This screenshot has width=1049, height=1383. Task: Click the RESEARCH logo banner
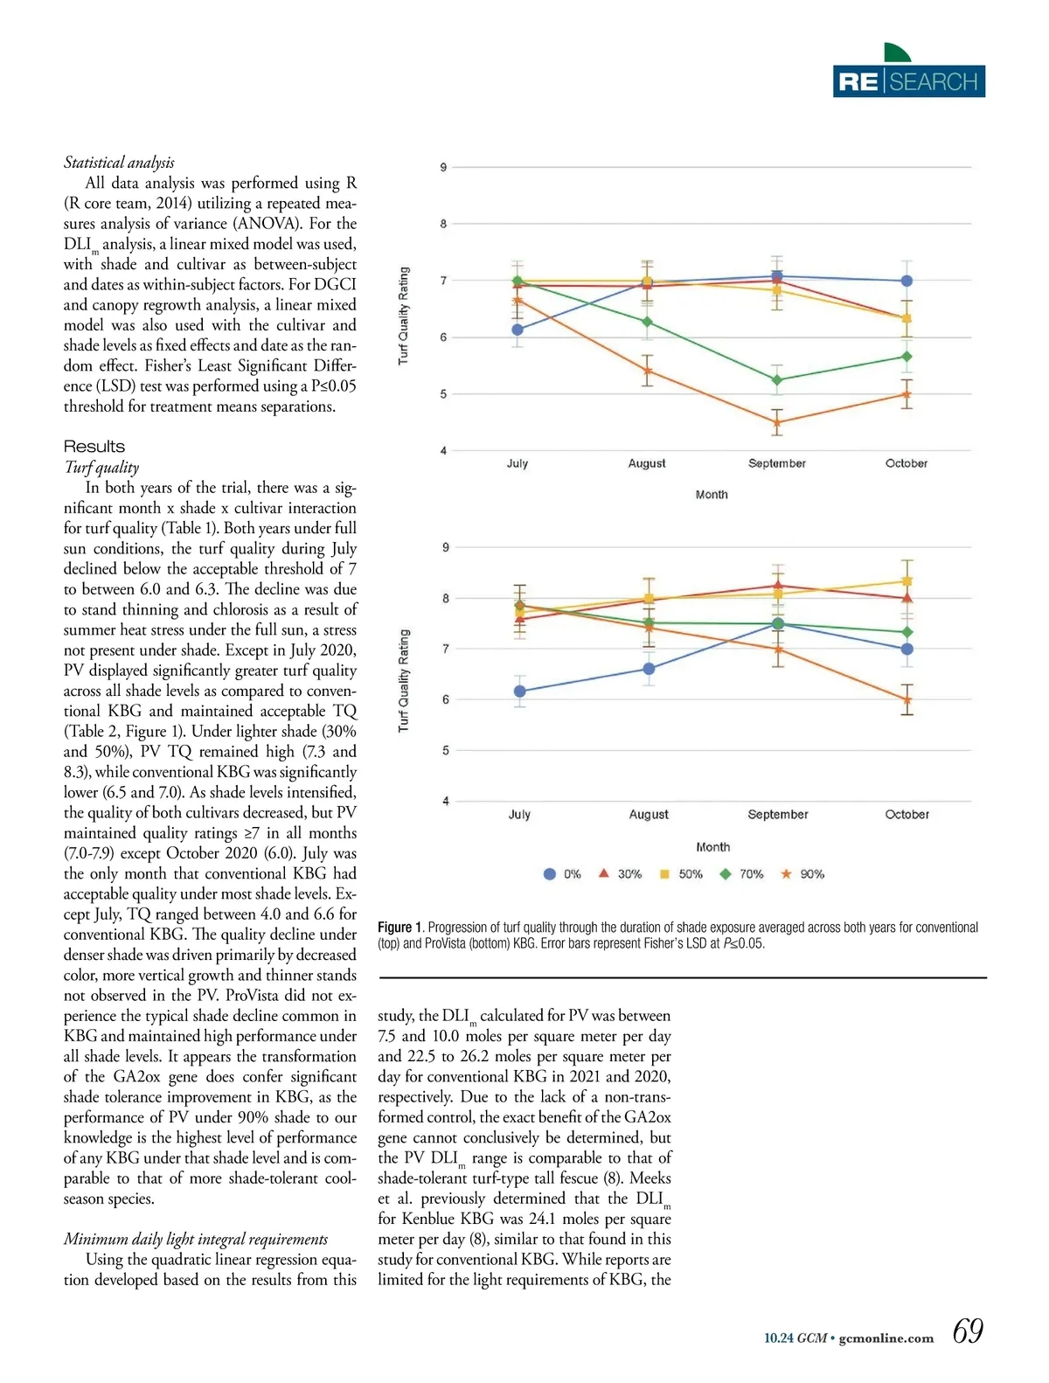point(909,80)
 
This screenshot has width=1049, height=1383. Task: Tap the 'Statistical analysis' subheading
point(119,163)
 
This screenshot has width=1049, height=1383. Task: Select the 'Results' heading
point(94,447)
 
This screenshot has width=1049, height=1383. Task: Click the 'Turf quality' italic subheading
point(101,467)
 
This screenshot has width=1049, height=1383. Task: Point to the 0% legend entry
point(562,874)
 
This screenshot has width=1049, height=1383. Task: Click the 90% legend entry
point(802,874)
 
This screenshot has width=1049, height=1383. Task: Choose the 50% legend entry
point(680,874)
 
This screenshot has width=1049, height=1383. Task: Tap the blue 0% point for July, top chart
point(518,330)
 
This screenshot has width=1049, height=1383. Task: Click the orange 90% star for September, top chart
point(776,423)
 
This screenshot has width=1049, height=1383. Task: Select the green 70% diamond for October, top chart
point(907,357)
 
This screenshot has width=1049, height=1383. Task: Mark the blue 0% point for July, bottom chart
point(520,691)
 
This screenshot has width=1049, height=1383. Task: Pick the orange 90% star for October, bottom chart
point(907,699)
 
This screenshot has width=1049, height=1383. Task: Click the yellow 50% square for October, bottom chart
point(907,581)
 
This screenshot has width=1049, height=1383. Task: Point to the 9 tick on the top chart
point(443,167)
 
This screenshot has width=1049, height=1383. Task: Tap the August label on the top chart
point(647,463)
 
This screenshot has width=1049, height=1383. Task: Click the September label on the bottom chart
point(778,815)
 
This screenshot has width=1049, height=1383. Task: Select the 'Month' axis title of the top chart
point(712,495)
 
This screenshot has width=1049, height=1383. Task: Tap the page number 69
point(968,1331)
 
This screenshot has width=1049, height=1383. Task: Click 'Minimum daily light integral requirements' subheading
point(196,1239)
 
